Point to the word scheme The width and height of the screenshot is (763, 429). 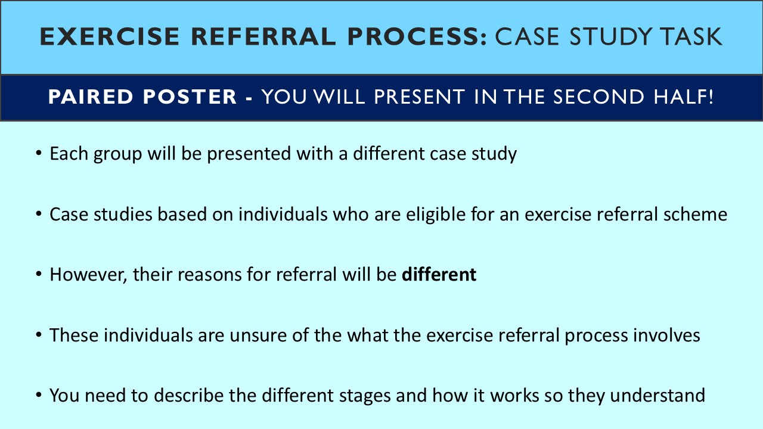697,214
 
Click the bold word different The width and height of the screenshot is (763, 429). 439,275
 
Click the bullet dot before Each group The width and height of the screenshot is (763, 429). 39,154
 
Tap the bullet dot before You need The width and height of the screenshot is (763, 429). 39,396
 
